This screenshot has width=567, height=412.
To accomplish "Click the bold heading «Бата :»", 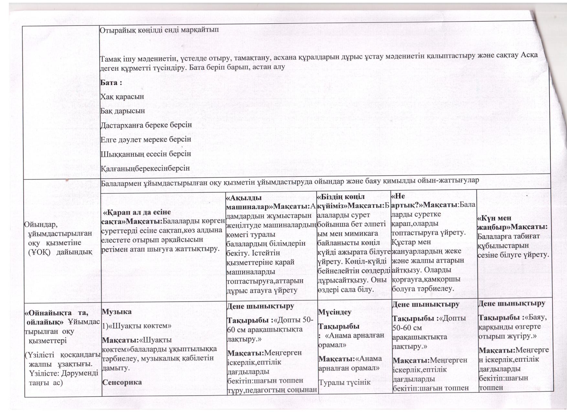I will (111, 82).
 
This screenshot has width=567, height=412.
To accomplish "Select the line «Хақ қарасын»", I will (122, 97).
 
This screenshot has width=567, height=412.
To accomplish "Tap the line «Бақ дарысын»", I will (123, 111).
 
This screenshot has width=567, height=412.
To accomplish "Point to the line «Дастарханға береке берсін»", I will (146, 125).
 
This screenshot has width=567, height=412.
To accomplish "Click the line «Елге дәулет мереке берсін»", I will (146, 139).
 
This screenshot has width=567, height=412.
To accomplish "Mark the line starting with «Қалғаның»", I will (145, 168).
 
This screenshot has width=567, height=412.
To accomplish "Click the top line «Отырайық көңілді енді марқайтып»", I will (159, 30).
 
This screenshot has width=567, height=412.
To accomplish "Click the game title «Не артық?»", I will (404, 200).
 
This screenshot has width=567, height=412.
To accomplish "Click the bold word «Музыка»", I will (117, 312).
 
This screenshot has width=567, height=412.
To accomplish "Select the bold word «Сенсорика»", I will (122, 382).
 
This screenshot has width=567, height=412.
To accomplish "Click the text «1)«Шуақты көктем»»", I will (136, 326).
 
